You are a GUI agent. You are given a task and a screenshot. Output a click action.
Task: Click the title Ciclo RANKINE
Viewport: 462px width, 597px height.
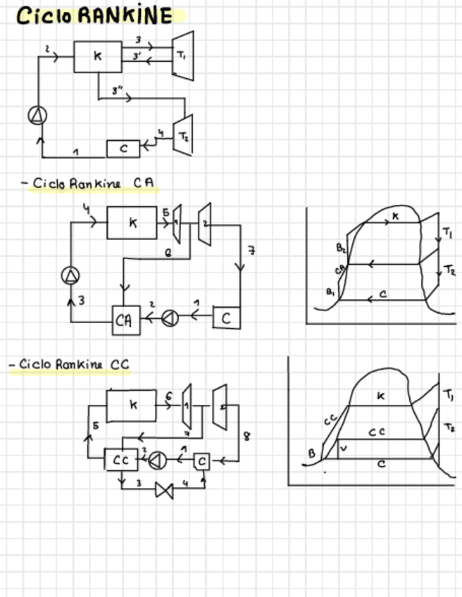(x=95, y=15)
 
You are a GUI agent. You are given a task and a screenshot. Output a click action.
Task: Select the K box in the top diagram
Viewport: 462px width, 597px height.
(x=97, y=56)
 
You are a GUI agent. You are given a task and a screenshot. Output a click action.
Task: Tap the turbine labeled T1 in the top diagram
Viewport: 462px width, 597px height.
(x=182, y=54)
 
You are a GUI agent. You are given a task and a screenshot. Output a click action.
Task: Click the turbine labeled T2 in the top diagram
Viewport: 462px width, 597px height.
(x=182, y=134)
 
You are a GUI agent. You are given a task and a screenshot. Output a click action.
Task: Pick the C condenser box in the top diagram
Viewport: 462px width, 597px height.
(x=123, y=149)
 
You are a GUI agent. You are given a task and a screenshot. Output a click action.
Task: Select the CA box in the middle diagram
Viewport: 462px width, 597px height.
(x=125, y=320)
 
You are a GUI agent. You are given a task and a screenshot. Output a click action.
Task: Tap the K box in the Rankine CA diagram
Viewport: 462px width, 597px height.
(x=132, y=222)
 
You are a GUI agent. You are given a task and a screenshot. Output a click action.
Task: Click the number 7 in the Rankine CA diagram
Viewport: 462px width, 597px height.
(x=251, y=249)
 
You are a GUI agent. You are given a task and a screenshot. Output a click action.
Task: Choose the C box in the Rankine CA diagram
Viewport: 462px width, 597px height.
(x=225, y=318)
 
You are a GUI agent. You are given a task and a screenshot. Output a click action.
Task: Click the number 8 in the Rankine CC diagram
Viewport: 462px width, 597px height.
(x=246, y=436)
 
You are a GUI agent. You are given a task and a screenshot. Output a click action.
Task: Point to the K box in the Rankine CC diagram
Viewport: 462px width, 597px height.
(x=132, y=406)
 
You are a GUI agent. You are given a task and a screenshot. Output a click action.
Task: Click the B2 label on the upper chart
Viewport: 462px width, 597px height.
(x=340, y=248)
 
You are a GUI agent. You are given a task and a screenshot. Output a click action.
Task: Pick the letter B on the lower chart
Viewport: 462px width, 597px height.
(x=312, y=453)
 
